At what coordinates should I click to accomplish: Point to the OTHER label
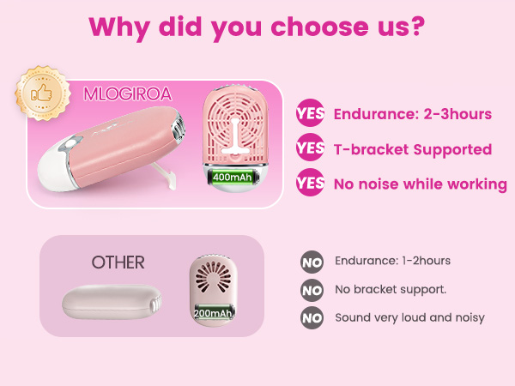coord(118,262)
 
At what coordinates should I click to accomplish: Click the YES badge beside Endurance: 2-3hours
coord(310,114)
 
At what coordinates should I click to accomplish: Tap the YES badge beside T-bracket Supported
coord(310,148)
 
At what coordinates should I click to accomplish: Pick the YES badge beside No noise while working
coord(310,183)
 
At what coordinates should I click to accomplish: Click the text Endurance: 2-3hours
coord(412,114)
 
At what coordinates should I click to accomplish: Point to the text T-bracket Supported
coord(412,149)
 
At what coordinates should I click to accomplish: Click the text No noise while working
coord(420,184)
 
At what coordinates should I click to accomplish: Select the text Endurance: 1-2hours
coord(392,261)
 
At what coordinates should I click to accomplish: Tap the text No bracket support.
coord(391,289)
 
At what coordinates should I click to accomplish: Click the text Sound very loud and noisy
coord(409,317)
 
